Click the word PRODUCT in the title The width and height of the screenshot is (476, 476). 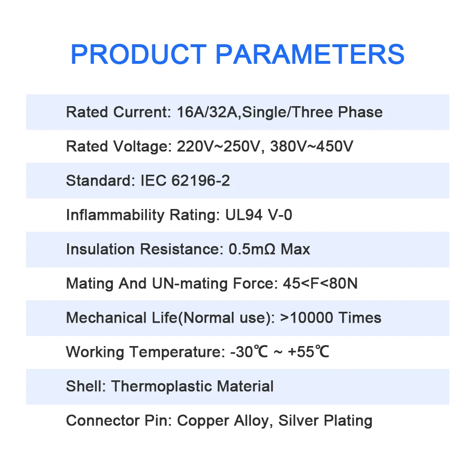tap(139, 54)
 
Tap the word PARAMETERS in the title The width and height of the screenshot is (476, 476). tap(310, 54)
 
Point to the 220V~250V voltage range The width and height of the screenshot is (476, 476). tap(218, 146)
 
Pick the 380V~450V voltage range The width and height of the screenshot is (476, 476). tap(312, 146)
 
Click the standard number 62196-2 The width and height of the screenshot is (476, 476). tap(201, 180)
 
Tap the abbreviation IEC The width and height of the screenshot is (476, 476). tap(154, 180)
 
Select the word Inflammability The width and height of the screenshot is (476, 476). tap(115, 215)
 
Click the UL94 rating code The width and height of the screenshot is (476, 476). tap(244, 215)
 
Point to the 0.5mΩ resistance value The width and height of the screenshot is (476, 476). tap(252, 249)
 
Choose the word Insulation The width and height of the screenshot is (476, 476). tap(100, 249)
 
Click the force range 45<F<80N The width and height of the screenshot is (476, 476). tap(320, 284)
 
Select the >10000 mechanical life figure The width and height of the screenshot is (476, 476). tap(307, 318)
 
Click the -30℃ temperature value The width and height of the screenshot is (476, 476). tap(249, 352)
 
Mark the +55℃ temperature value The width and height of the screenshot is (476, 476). tap(308, 352)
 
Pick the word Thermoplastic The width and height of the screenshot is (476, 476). tap(161, 387)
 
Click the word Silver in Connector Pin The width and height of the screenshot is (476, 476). tap(298, 421)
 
